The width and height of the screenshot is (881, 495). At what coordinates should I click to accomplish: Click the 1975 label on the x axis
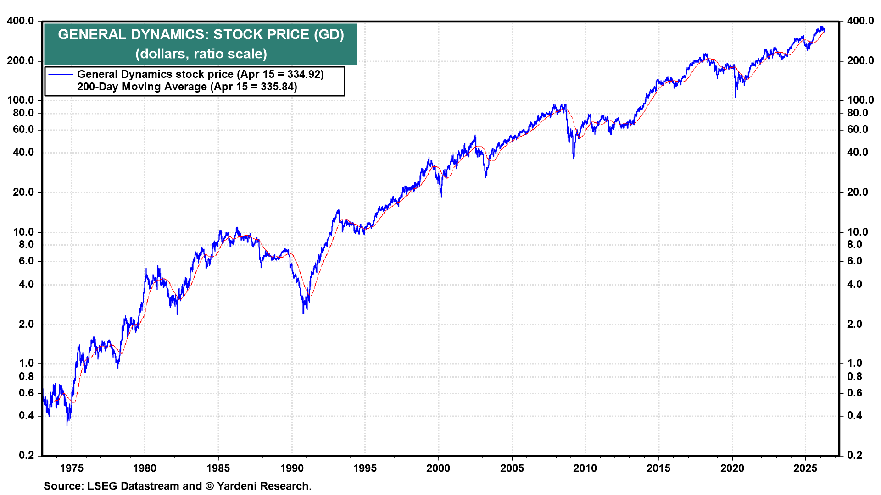pos(72,468)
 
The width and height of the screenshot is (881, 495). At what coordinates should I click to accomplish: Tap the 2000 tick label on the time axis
pos(438,468)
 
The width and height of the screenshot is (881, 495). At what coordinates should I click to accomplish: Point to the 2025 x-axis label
pos(805,468)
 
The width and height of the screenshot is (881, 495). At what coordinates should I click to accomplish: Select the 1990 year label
pos(292,468)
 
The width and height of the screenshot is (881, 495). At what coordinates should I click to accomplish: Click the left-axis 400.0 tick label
pos(20,21)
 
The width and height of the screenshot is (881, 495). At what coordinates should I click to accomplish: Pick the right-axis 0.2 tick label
pos(854,455)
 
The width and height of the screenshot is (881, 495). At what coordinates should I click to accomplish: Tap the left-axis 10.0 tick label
pos(23,232)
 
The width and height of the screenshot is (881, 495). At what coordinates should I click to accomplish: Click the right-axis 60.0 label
pos(857,129)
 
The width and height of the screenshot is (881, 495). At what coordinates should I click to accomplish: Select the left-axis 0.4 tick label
pos(26,415)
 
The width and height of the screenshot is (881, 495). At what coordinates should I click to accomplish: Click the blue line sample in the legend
pos(61,74)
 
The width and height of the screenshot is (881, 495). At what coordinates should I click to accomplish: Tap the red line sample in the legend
pos(61,87)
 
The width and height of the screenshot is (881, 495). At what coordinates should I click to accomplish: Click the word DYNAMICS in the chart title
pos(169,34)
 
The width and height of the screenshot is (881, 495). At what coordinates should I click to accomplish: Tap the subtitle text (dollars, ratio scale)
pos(201,54)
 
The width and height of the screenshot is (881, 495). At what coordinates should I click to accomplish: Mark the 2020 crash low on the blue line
pos(735,97)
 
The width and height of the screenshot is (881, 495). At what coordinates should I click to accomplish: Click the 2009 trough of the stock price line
pos(574,158)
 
